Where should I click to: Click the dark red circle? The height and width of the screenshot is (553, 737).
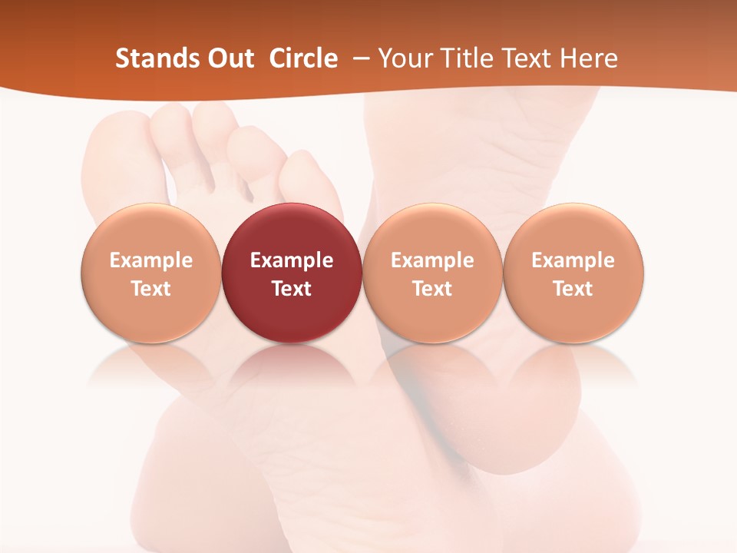(292, 230)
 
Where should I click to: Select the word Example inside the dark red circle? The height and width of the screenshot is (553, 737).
(292, 260)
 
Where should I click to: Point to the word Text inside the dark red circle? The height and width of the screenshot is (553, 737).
(292, 289)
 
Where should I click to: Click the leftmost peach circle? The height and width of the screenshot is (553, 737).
(151, 230)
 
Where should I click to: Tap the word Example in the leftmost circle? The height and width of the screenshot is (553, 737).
(151, 260)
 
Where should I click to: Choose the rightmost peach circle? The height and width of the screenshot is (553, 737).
(573, 230)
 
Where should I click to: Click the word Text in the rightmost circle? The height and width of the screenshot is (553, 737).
(573, 289)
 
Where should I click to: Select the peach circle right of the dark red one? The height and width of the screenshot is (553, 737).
(432, 230)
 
